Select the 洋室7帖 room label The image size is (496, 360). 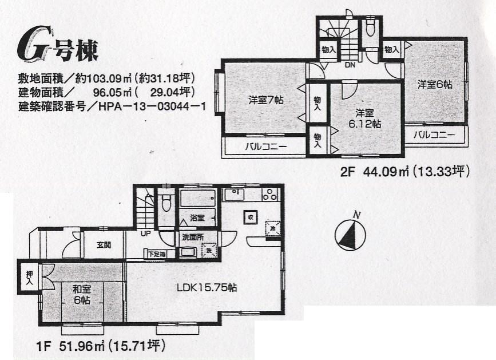[265, 99]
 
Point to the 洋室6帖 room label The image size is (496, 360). [435, 84]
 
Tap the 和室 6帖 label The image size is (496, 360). [81, 294]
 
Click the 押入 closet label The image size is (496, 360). [29, 277]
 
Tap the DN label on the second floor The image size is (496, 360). [350, 65]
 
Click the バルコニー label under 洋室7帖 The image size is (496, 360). [267, 147]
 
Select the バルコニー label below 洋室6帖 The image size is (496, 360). [434, 136]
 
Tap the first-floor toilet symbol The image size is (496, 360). [166, 201]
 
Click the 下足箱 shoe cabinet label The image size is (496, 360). [157, 254]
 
